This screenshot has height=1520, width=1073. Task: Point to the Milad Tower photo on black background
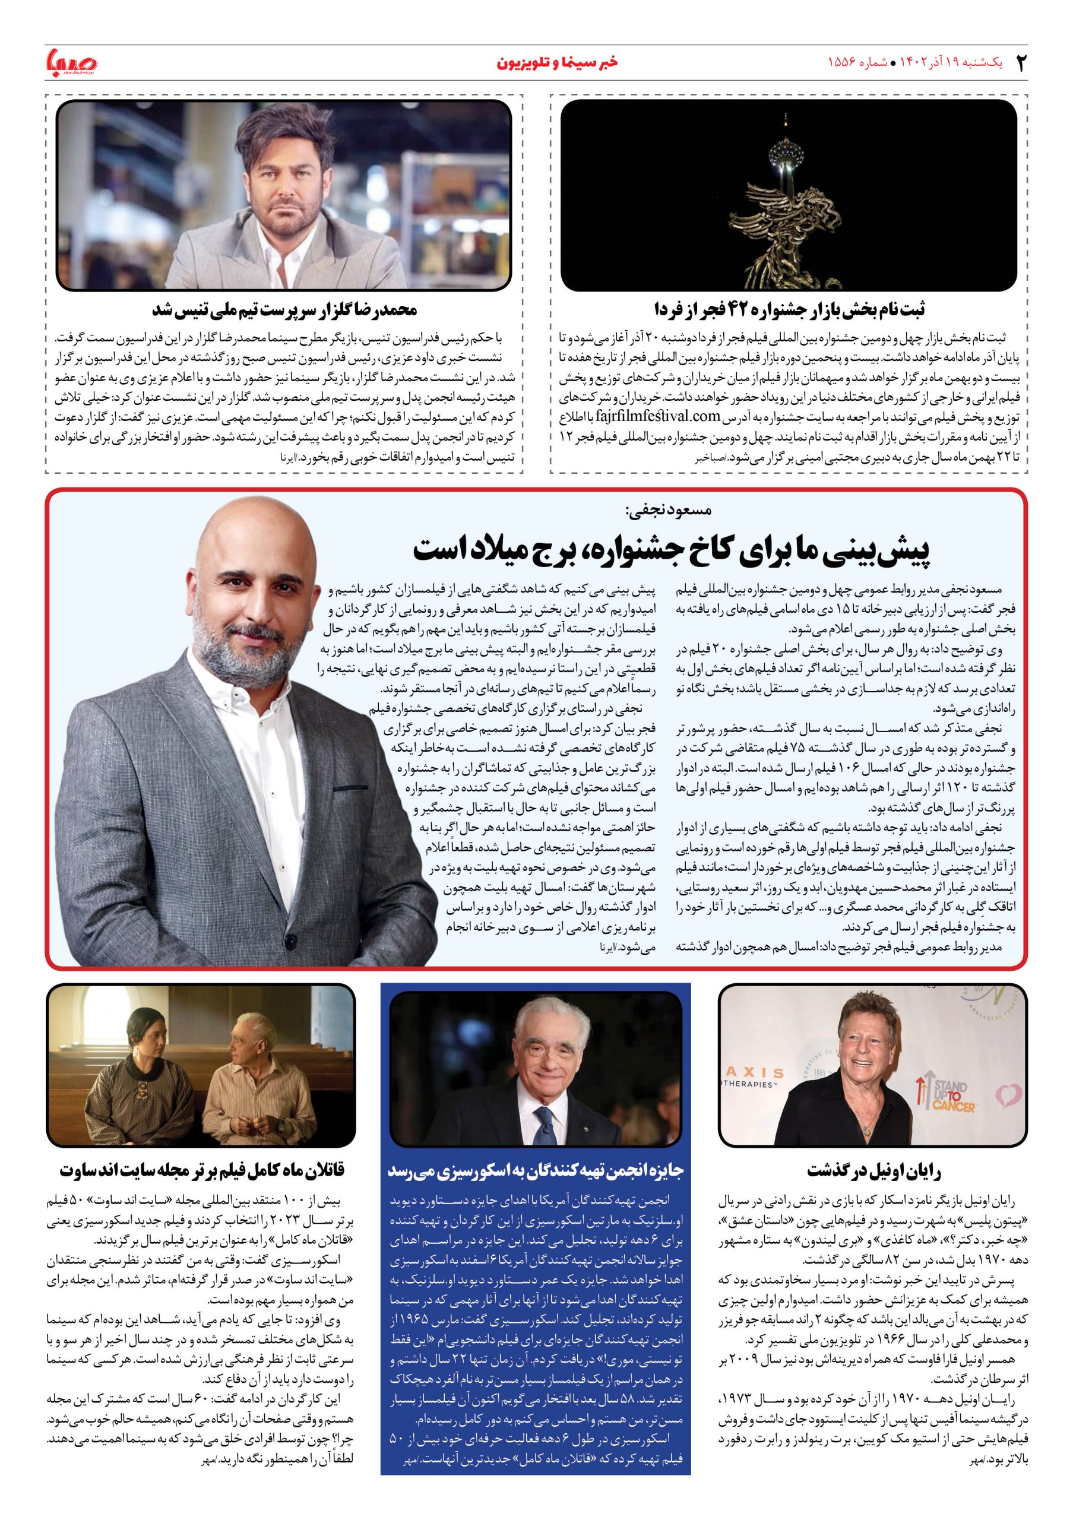click(x=788, y=195)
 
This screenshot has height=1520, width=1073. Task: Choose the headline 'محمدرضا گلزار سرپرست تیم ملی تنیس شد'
click(x=284, y=309)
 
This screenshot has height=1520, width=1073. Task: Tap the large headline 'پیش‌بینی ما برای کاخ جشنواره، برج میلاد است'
click(x=672, y=549)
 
